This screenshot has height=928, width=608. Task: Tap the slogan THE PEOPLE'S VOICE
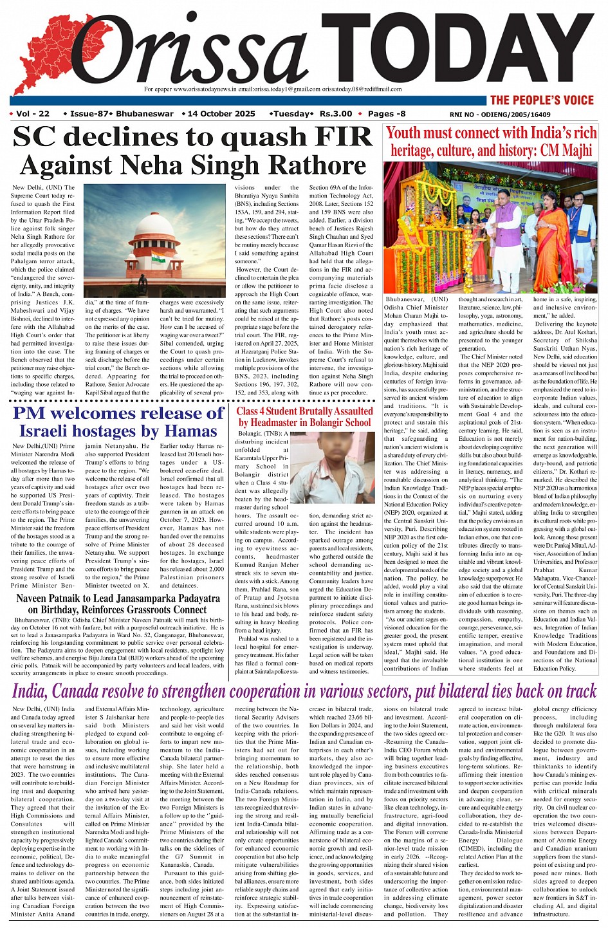542,100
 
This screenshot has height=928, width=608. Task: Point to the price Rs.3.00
336,114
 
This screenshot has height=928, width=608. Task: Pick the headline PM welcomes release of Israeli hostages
118,422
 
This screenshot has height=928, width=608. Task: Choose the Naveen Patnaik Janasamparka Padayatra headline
118,604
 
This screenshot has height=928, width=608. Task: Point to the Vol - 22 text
33,114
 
